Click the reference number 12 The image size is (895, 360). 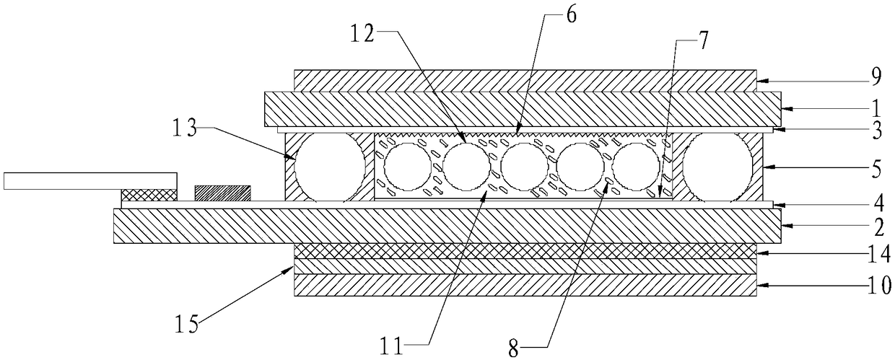point(363,33)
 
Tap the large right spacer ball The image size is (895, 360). point(717,165)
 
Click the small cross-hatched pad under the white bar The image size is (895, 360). point(148,195)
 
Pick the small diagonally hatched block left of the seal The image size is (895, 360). point(222,193)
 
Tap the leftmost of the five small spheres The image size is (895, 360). point(407,166)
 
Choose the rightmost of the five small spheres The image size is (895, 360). point(637,165)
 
